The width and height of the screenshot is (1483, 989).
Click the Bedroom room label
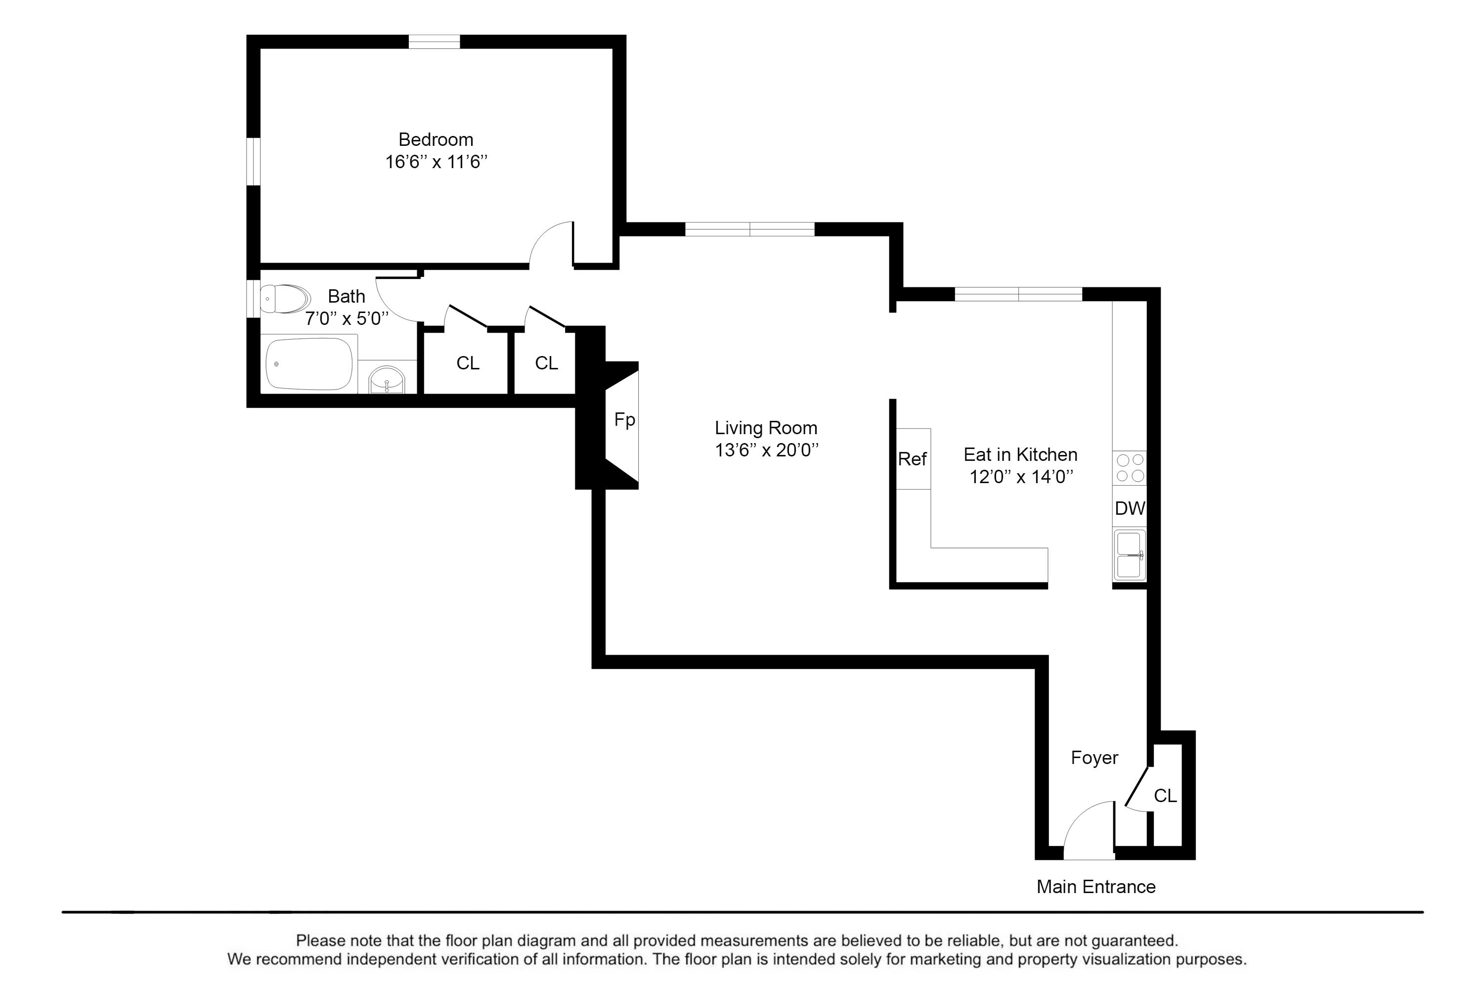pos(436,139)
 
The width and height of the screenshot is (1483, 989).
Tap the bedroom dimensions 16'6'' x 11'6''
pos(436,162)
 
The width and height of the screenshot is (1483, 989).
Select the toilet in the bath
pos(286,298)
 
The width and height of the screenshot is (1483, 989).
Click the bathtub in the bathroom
pos(309,364)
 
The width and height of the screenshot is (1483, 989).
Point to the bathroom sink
pos(387,380)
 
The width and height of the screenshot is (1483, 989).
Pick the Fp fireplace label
pos(624,420)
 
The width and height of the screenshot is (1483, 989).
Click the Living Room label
pos(766,428)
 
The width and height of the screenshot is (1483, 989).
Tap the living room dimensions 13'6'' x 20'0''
pos(767,450)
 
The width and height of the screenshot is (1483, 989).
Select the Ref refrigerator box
pos(913,458)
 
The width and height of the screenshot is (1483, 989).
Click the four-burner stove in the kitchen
pos(1129,467)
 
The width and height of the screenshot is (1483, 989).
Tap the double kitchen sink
pos(1129,555)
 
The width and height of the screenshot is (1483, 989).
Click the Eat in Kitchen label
pos(1020,455)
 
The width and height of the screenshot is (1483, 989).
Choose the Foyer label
pos(1094,758)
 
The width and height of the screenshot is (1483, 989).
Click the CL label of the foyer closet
pos(1165,796)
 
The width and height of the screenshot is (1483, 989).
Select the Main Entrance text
pos(1096,887)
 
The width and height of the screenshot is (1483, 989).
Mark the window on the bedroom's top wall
pos(434,42)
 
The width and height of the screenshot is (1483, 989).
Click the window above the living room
pos(750,229)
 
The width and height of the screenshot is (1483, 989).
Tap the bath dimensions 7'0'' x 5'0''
pos(347,318)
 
